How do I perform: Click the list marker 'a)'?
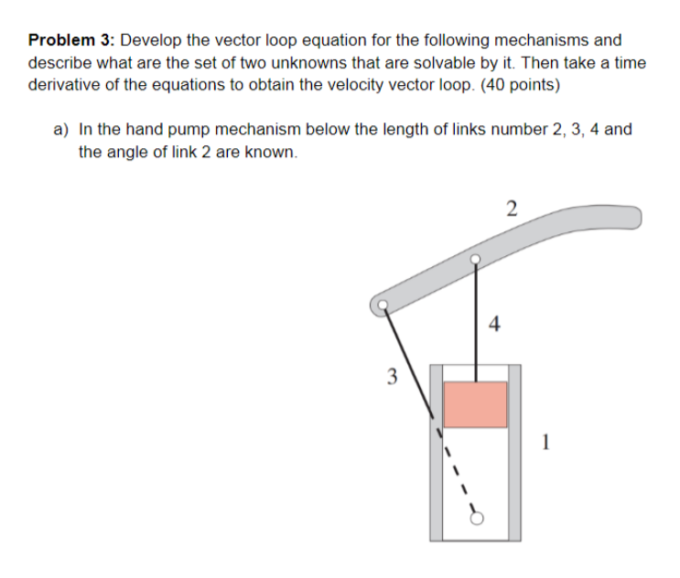click(x=60, y=129)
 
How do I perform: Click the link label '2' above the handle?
click(x=511, y=208)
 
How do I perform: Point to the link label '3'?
click(x=391, y=375)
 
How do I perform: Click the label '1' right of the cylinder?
click(x=545, y=445)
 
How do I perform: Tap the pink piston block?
click(x=475, y=403)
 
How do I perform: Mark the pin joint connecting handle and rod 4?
click(x=474, y=259)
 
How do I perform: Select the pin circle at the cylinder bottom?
click(x=476, y=518)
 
